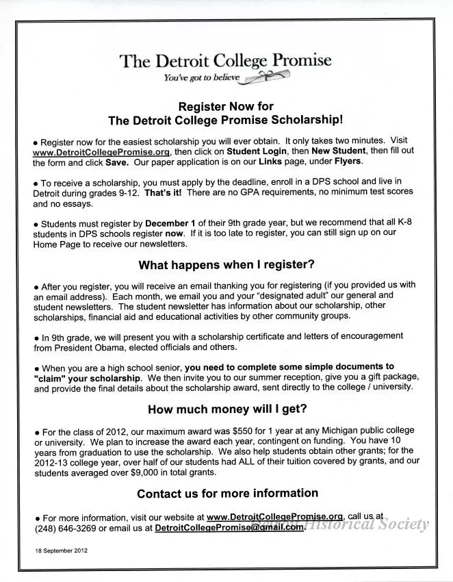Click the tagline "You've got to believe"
202,77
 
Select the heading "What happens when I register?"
226,264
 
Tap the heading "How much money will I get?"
227,409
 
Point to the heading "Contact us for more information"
227,494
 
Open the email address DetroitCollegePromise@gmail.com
229,529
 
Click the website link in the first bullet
101,151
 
